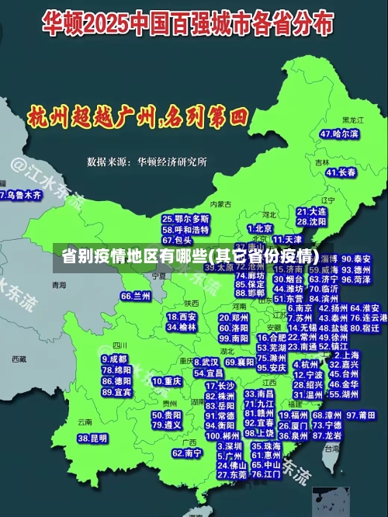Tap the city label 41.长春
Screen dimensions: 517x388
click(341, 172)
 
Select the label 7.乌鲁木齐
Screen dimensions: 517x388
click(21, 195)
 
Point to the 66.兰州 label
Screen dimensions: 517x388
click(136, 296)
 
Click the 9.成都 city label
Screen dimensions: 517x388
click(114, 359)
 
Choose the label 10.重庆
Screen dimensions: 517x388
click(167, 381)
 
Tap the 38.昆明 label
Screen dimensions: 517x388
click(92, 439)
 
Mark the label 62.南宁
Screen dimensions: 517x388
click(186, 453)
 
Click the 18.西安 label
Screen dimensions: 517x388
click(182, 317)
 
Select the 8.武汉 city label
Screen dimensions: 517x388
click(206, 362)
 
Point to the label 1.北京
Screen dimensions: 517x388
click(260, 228)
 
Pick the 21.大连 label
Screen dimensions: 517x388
click(311, 211)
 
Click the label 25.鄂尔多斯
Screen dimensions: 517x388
click(185, 219)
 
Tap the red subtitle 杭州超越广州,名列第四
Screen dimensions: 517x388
click(137, 117)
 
